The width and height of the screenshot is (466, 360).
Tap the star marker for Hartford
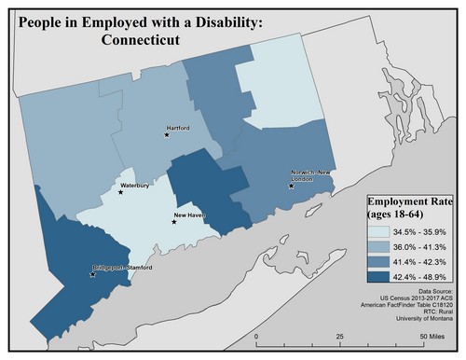[x=167, y=135]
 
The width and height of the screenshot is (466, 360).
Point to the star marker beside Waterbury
[x=121, y=192]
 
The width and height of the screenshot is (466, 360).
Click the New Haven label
[x=190, y=215]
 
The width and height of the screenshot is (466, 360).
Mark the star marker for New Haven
[x=174, y=223]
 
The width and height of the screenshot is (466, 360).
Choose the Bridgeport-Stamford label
[x=125, y=268]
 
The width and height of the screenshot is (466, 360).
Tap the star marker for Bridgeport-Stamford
[x=91, y=275]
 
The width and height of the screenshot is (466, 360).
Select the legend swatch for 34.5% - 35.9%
[x=377, y=231]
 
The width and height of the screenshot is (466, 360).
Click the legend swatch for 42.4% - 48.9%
[x=377, y=276]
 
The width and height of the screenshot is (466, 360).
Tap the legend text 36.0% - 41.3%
[x=421, y=246]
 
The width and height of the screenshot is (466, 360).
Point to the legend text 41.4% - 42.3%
[x=421, y=261]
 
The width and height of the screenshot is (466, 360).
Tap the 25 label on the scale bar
[x=340, y=336]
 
